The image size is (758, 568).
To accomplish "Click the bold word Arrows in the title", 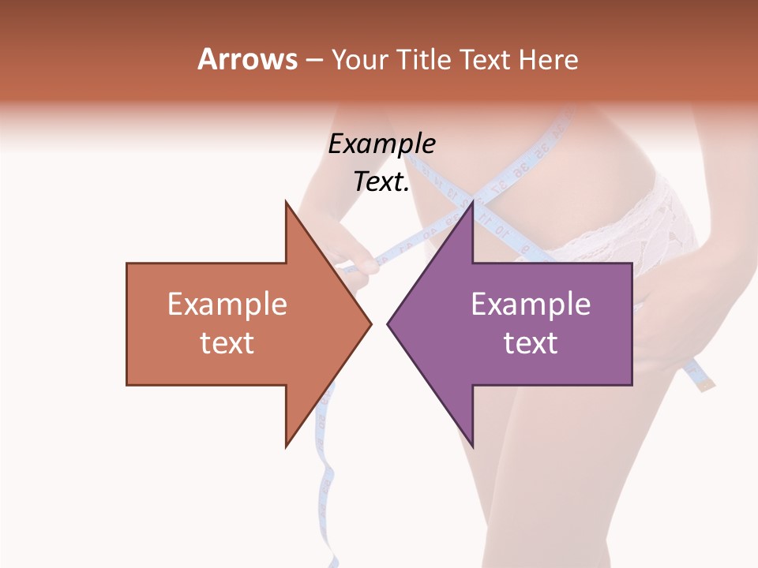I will click(247, 59).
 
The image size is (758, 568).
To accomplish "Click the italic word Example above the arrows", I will click(381, 144).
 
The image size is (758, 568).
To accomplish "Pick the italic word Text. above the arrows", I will click(381, 182).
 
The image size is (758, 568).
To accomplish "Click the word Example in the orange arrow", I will click(227, 305).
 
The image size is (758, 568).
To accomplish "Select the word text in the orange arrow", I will click(227, 343).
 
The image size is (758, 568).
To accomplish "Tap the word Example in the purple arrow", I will click(531, 305).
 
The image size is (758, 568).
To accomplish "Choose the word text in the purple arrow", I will click(531, 343).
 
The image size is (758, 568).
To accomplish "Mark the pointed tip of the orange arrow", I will click(370, 323).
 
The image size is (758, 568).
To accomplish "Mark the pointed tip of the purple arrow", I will click(388, 323).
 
